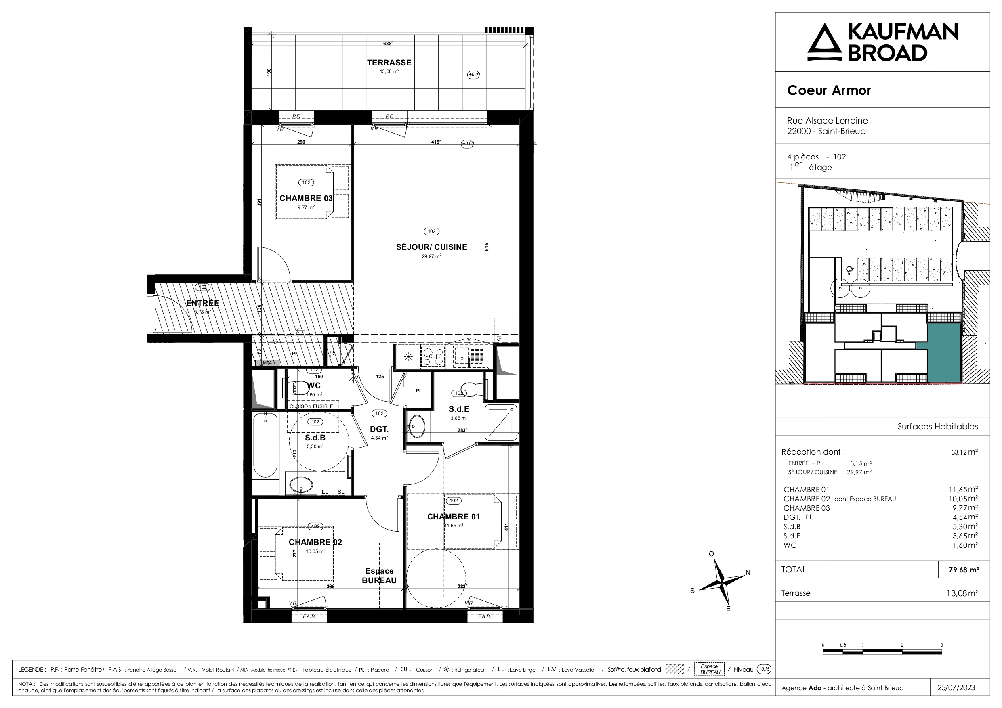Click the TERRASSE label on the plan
[389, 63]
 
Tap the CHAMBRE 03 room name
[306, 198]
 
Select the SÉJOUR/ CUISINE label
[431, 247]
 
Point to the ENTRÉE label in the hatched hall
[202, 303]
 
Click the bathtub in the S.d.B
[265, 445]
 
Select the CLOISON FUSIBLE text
[311, 406]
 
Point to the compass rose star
[722, 582]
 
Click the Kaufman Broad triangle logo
[824, 42]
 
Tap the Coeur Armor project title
[829, 90]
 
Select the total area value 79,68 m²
[963, 570]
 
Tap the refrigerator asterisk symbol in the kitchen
[408, 357]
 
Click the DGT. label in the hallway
[379, 429]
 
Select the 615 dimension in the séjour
[487, 247]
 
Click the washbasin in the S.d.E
[417, 426]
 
